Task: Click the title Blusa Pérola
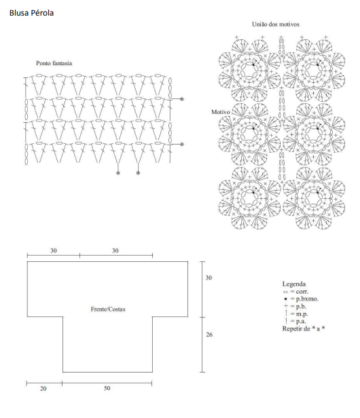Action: click(x=31, y=13)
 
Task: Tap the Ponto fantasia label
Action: click(x=54, y=63)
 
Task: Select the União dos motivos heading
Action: click(x=275, y=24)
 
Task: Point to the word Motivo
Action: click(x=221, y=112)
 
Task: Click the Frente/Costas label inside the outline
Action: click(x=108, y=309)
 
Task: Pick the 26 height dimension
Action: click(x=209, y=335)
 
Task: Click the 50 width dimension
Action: click(x=107, y=388)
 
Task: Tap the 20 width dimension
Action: click(x=43, y=389)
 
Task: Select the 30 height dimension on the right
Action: click(x=209, y=278)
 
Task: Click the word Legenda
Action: click(x=294, y=284)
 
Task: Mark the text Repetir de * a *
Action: click(x=304, y=328)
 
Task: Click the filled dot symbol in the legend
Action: click(x=285, y=299)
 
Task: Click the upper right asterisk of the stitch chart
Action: click(x=182, y=99)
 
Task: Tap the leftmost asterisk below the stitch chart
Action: click(x=118, y=173)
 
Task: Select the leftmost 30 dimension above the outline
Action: click(x=54, y=250)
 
